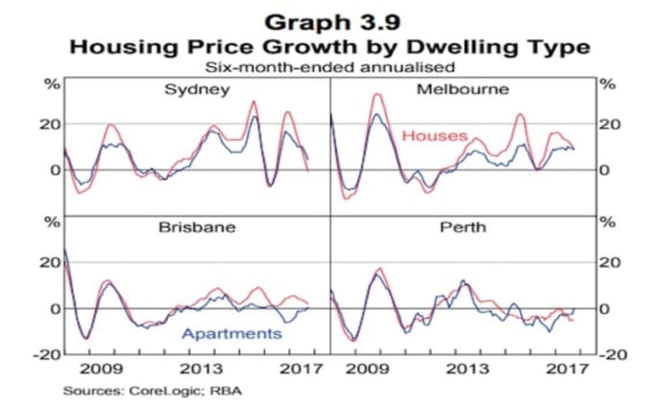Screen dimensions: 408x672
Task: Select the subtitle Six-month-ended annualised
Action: (330, 67)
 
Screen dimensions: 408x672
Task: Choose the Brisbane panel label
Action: (197, 227)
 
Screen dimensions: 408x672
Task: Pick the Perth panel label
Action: (463, 227)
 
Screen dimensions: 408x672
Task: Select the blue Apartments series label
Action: (232, 333)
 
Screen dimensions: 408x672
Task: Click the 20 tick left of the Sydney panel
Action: (50, 123)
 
